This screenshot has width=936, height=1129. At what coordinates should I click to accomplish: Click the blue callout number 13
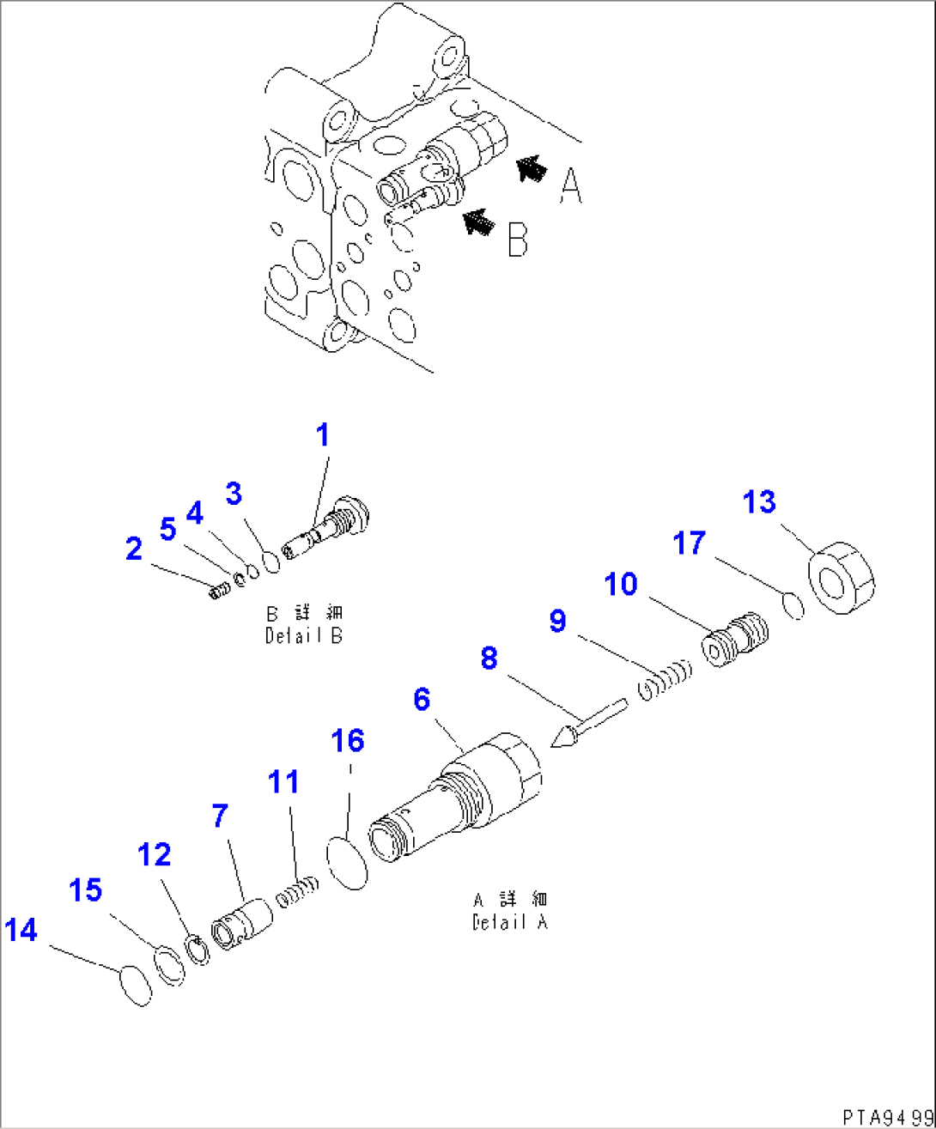759,501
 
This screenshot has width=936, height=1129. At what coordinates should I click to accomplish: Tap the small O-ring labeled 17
795,605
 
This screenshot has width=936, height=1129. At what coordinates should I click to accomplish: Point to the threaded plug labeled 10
737,640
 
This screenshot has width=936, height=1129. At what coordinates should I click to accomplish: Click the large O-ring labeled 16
348,862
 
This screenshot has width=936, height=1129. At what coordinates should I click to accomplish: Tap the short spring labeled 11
297,889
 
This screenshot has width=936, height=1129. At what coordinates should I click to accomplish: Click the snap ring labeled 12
198,950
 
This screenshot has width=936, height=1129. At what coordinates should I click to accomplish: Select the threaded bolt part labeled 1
331,530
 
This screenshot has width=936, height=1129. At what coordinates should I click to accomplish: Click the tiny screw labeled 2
218,591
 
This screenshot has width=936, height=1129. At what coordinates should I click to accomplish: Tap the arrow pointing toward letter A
531,169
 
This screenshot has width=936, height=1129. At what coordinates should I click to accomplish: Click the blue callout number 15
86,891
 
